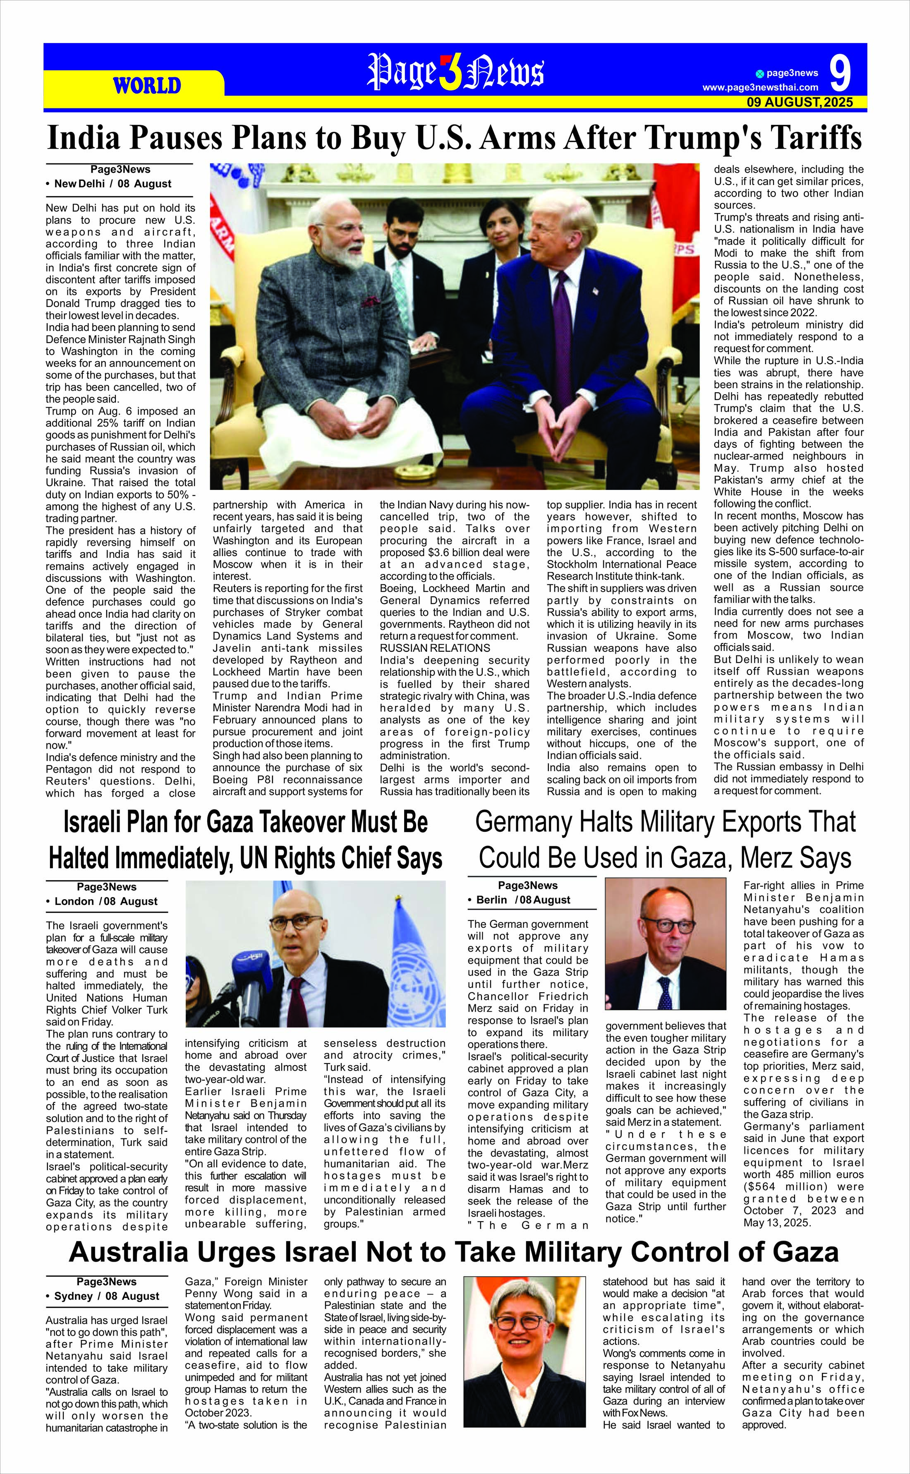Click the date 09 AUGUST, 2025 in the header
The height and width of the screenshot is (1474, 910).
click(x=799, y=102)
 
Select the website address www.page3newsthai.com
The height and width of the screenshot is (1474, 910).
click(x=760, y=87)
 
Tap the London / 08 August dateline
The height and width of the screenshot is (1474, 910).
click(x=105, y=901)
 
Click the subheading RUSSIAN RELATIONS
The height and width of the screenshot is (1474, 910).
click(x=435, y=648)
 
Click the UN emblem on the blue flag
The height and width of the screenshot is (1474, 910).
click(x=416, y=970)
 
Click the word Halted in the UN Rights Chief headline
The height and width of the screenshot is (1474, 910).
click(x=93, y=859)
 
